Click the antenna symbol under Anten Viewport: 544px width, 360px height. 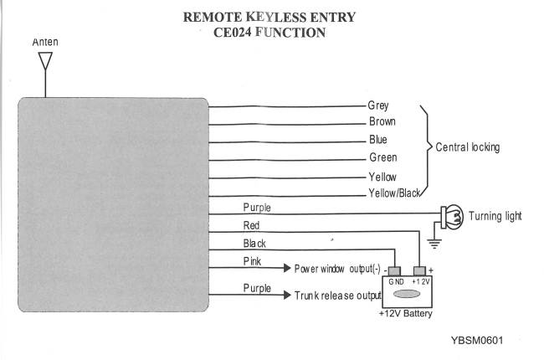pyautogui.click(x=46, y=62)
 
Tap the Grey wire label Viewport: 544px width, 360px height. pyautogui.click(x=378, y=105)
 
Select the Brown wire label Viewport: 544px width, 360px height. pyautogui.click(x=382, y=122)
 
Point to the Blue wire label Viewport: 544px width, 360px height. pyautogui.click(x=378, y=140)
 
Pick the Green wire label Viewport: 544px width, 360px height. pyautogui.click(x=382, y=157)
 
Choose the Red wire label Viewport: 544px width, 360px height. pyautogui.click(x=251, y=225)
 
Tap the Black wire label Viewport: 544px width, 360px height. pyautogui.click(x=254, y=244)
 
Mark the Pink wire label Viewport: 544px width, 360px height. pyautogui.click(x=252, y=262)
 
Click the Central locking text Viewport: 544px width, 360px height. pyautogui.click(x=468, y=147)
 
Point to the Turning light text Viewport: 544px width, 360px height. pyautogui.click(x=495, y=216)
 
